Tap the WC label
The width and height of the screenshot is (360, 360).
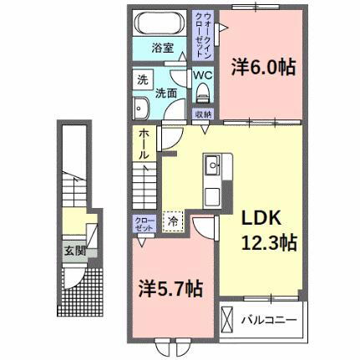click(203, 74)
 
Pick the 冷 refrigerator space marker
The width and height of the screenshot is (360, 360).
click(174, 221)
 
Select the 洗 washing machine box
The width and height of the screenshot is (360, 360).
click(143, 80)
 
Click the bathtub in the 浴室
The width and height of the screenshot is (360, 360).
click(161, 23)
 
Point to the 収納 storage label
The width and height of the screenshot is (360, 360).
click(203, 114)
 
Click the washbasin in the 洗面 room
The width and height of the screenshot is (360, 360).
click(142, 109)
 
